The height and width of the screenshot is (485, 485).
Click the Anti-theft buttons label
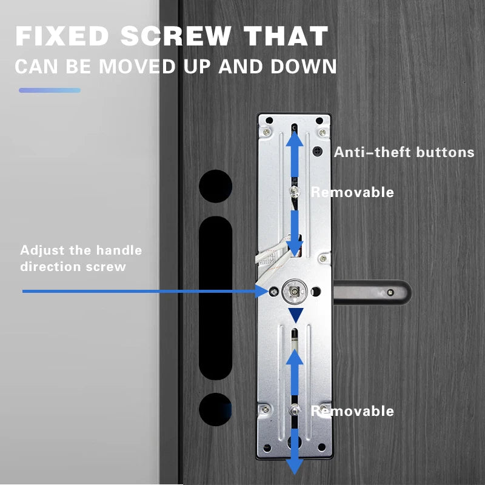click(x=404, y=152)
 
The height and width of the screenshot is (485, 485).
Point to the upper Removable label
click(x=352, y=192)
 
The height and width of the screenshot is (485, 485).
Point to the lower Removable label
click(x=352, y=411)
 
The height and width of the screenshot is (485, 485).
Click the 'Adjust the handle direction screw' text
click(x=81, y=258)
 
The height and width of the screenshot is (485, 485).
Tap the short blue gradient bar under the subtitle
click(x=50, y=90)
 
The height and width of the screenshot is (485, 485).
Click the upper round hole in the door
click(x=216, y=186)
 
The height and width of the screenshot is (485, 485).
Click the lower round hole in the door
click(x=216, y=409)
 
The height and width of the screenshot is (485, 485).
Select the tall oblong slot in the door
click(x=216, y=297)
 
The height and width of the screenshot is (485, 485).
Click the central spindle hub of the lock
click(x=295, y=292)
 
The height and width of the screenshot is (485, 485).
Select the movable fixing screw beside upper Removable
click(x=294, y=192)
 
